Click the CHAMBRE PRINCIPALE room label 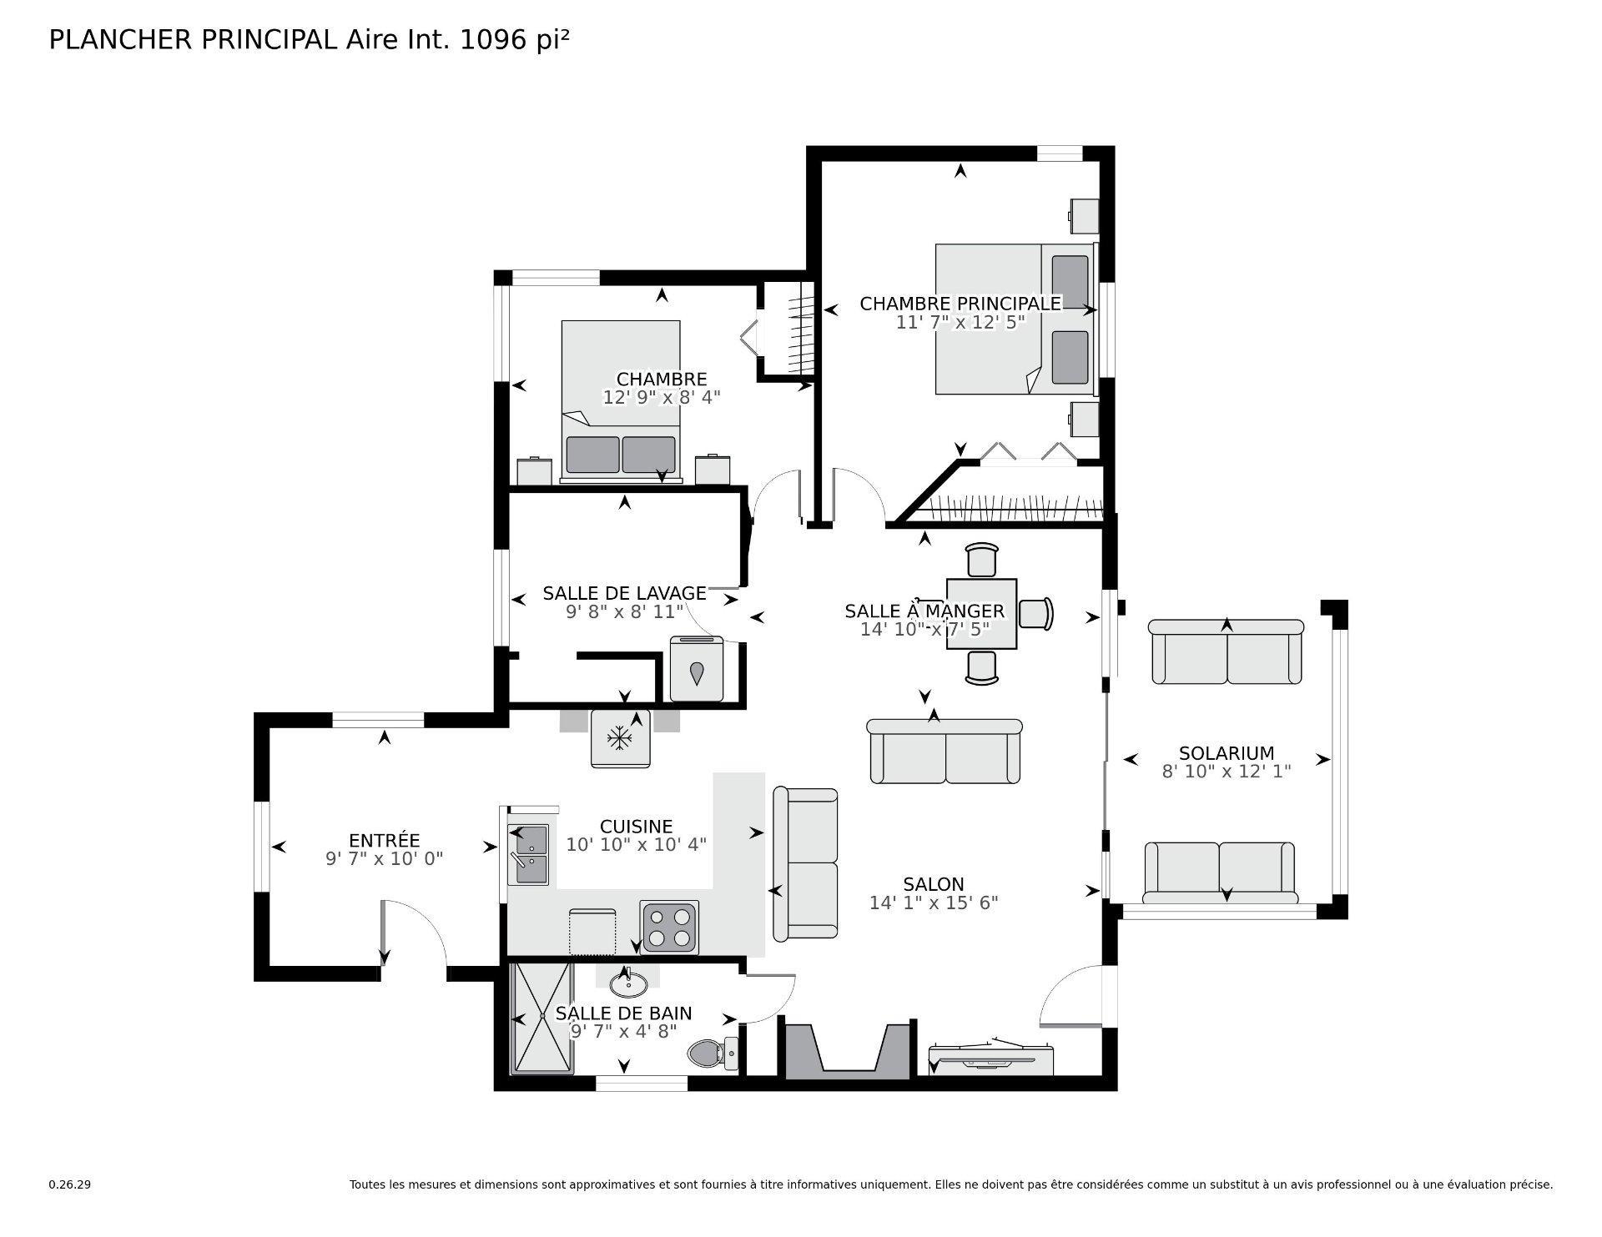960,304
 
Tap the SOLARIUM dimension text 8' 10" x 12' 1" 1226,772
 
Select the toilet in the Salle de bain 712,1054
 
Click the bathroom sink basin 628,985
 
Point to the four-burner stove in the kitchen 669,927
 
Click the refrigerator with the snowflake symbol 620,737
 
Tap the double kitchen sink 529,854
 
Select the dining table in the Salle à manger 981,614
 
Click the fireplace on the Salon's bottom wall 847,1053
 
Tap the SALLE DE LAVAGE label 624,593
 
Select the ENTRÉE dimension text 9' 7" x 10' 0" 384,857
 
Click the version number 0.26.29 69,1184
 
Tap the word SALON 933,883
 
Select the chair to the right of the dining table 1036,613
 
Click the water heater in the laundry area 697,670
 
